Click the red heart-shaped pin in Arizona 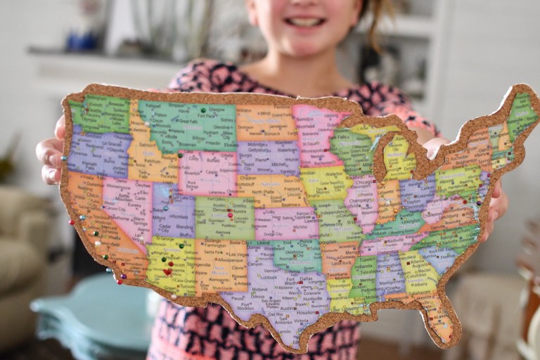point(167,271)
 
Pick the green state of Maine point(522,112)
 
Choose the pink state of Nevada point(127,204)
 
